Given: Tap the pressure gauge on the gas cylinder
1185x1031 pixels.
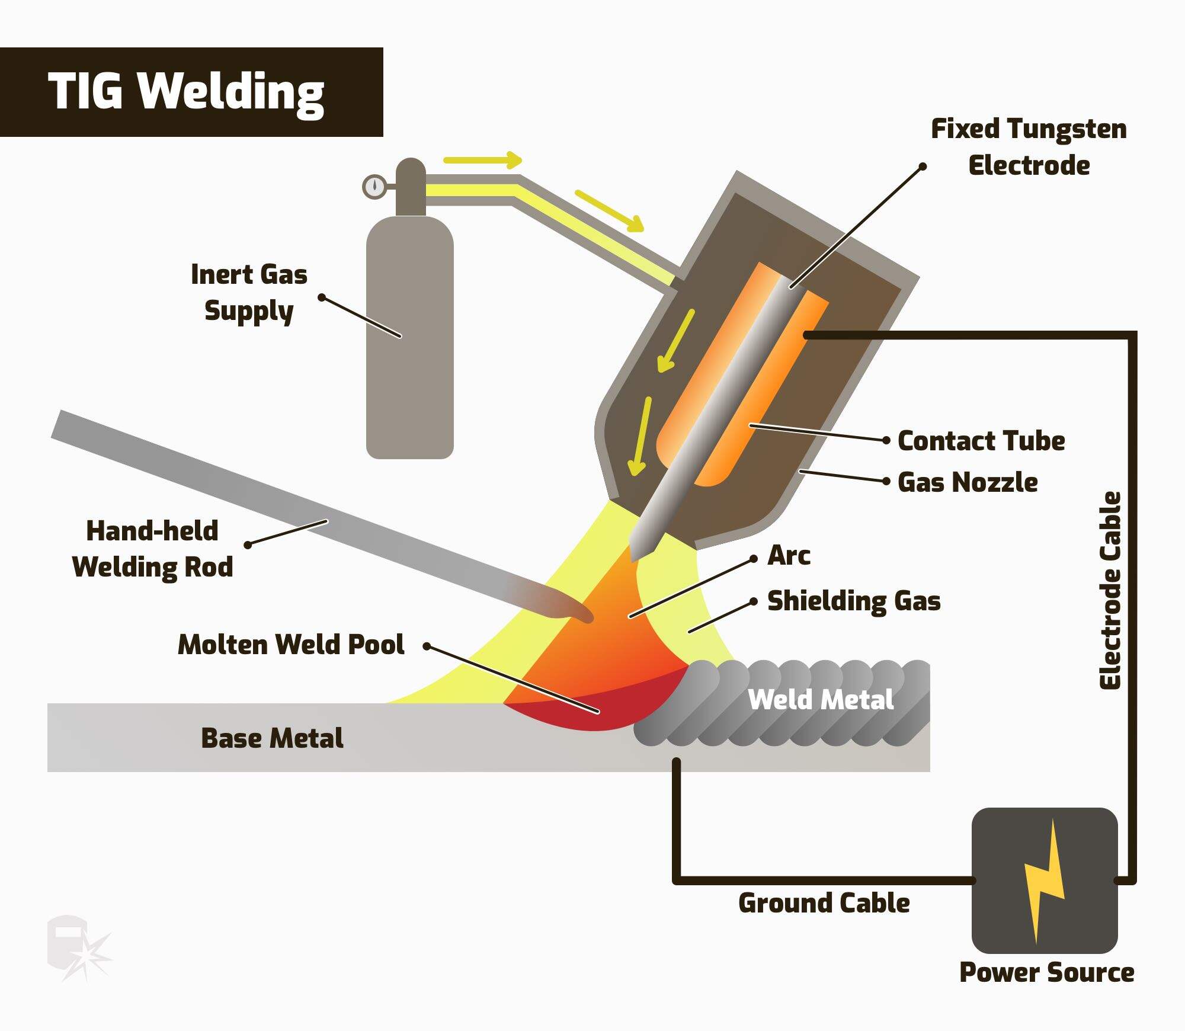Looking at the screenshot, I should [x=374, y=187].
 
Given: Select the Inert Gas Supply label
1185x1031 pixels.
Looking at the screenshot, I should [x=249, y=293].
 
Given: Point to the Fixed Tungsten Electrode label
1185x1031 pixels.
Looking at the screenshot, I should [x=1029, y=147].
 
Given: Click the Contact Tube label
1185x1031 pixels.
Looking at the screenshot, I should [x=981, y=441].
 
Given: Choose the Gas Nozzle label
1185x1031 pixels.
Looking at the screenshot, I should [x=968, y=482].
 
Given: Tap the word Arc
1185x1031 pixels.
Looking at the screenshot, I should [x=789, y=556].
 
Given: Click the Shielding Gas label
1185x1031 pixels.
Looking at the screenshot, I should [x=854, y=601].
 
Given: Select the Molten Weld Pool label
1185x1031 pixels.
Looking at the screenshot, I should [x=291, y=645].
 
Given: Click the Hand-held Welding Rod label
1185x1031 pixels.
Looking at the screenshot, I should [x=153, y=549].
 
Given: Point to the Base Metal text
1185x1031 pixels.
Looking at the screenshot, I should [x=272, y=738].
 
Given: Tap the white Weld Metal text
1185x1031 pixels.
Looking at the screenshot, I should [x=821, y=700].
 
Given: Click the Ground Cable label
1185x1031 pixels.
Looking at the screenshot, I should [x=824, y=903].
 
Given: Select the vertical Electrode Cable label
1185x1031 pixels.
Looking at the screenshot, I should [x=1110, y=591].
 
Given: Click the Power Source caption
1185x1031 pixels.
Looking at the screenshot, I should [x=1046, y=972].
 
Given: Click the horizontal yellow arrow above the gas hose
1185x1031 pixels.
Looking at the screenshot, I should [x=482, y=160].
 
